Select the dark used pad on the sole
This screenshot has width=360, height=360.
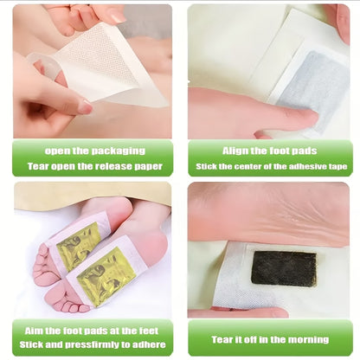point(284,268)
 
